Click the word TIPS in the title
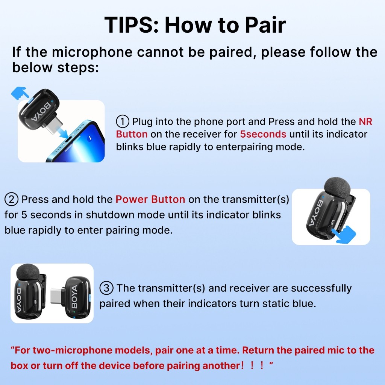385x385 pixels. click(131, 25)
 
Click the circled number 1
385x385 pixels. click(123, 121)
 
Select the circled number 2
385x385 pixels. click(11, 199)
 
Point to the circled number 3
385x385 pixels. click(106, 288)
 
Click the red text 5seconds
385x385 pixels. click(263, 134)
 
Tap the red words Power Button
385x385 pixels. click(150, 199)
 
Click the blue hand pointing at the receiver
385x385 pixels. click(19, 92)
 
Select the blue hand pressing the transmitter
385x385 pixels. click(344, 235)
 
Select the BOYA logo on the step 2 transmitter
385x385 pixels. click(315, 213)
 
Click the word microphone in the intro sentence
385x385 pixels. click(92, 52)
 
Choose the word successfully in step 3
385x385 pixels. click(321, 288)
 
